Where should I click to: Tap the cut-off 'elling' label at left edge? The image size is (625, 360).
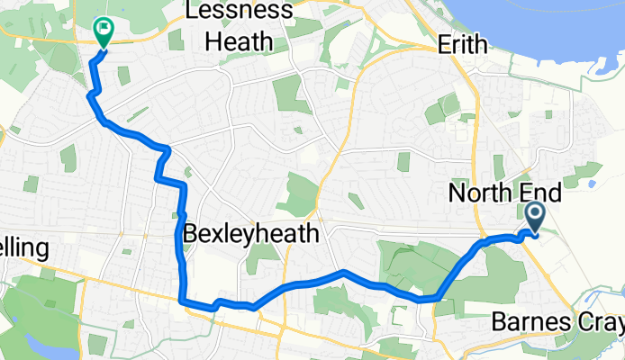point(23,247)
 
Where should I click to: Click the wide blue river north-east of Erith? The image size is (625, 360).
point(567,22)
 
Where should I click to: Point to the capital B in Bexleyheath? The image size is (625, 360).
point(191,235)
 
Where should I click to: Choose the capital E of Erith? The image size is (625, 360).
point(442,44)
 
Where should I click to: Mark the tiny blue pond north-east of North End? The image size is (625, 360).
point(591,185)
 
